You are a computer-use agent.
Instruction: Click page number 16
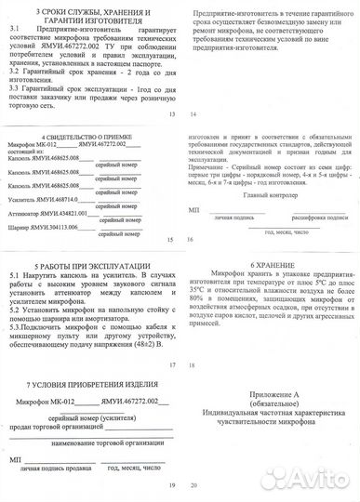tap(191, 239)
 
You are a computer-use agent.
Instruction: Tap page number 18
tap(191, 365)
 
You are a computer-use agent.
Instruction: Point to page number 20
tap(193, 486)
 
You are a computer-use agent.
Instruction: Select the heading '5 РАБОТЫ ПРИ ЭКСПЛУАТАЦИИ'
tap(88, 265)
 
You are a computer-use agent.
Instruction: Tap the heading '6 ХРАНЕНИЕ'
tap(270, 264)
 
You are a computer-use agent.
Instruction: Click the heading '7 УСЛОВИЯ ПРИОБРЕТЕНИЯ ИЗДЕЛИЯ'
tap(89, 382)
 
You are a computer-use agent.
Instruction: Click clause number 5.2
tap(14, 303)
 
